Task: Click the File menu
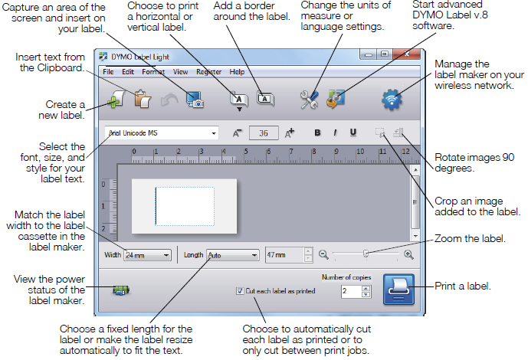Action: point(108,72)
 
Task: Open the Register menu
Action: point(208,72)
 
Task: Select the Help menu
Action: point(238,72)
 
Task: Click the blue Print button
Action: point(398,290)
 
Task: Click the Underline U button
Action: point(353,132)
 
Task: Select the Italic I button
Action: point(335,132)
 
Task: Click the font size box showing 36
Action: point(264,133)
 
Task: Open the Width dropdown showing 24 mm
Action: point(147,255)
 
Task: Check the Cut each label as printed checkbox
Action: point(241,291)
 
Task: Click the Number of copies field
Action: point(350,291)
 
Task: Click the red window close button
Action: point(407,54)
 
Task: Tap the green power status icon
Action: point(120,290)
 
